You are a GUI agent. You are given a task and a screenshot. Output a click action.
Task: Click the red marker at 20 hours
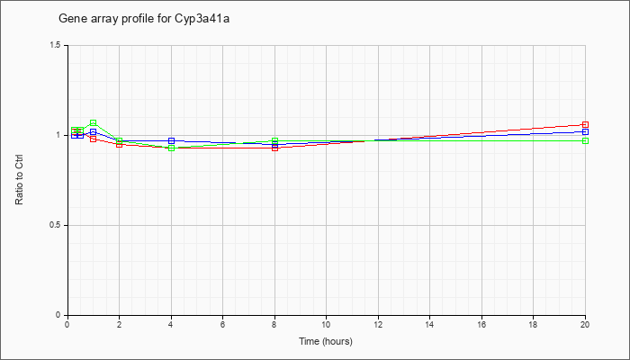tap(585, 124)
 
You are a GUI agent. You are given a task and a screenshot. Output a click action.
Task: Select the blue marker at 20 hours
tap(585, 131)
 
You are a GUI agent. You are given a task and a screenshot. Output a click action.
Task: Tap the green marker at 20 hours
tap(585, 140)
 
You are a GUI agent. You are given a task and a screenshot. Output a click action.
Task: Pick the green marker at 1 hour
tap(94, 122)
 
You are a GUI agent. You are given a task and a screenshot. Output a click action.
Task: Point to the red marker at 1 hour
tap(94, 139)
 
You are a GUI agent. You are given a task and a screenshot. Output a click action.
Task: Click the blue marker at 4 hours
tap(172, 140)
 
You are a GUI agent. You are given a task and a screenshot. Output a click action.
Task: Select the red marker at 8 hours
tap(274, 148)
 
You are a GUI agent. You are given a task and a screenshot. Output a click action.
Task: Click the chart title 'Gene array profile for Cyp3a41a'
tap(144, 19)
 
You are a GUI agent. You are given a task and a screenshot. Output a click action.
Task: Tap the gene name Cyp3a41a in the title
tap(202, 19)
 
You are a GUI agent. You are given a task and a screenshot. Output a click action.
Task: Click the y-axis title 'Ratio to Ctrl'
tap(19, 180)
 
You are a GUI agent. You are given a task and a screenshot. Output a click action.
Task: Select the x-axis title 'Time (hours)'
tap(326, 341)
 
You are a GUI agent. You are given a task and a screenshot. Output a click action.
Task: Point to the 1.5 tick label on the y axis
tap(56, 45)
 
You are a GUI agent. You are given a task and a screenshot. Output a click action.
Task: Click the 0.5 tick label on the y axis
tap(56, 225)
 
